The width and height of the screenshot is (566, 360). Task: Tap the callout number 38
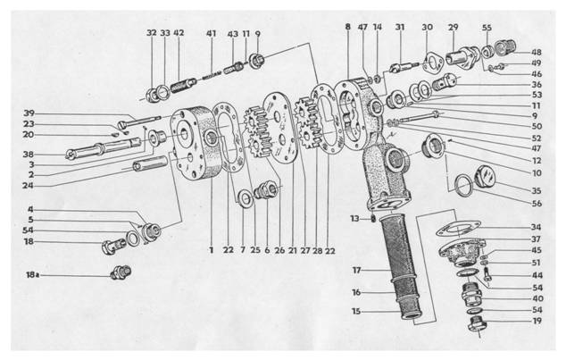click(x=29, y=153)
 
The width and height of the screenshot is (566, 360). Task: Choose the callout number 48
click(x=537, y=52)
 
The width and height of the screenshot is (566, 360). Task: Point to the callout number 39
click(x=29, y=113)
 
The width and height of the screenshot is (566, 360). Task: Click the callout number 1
click(x=212, y=251)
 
